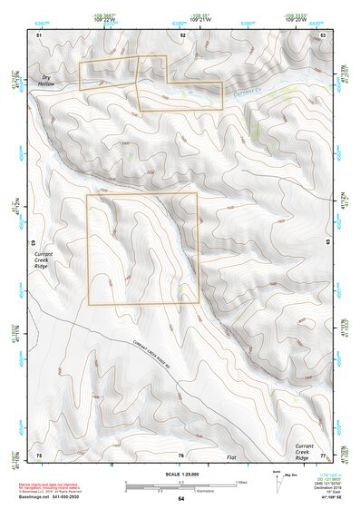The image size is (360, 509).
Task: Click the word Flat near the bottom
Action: [231, 459]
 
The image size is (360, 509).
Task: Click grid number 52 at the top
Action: [182, 34]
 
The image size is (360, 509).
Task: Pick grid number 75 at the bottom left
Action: [39, 455]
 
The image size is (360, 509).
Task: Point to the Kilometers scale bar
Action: [180, 488]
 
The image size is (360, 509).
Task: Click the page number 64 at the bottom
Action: [181, 499]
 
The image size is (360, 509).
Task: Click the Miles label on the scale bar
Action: [240, 482]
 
